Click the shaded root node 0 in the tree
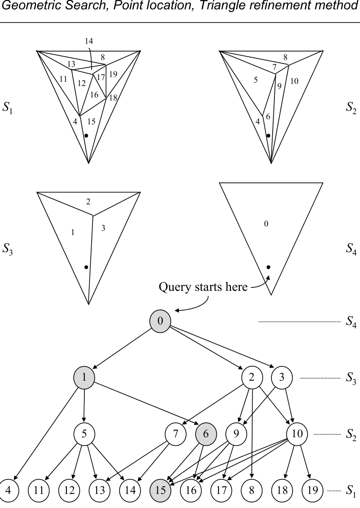[160, 321]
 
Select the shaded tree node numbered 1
[84, 377]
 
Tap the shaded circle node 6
[206, 434]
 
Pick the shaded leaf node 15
[161, 491]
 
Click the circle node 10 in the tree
[297, 434]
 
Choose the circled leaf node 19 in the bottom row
[313, 491]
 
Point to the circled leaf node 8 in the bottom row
[252, 491]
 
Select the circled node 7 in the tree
[176, 434]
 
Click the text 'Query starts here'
[203, 287]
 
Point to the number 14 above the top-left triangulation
[89, 41]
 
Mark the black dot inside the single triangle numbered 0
[268, 267]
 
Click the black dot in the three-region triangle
[86, 267]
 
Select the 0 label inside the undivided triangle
[266, 224]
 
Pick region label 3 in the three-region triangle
[104, 228]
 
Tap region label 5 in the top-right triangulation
[256, 79]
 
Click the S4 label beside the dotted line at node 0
[351, 322]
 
